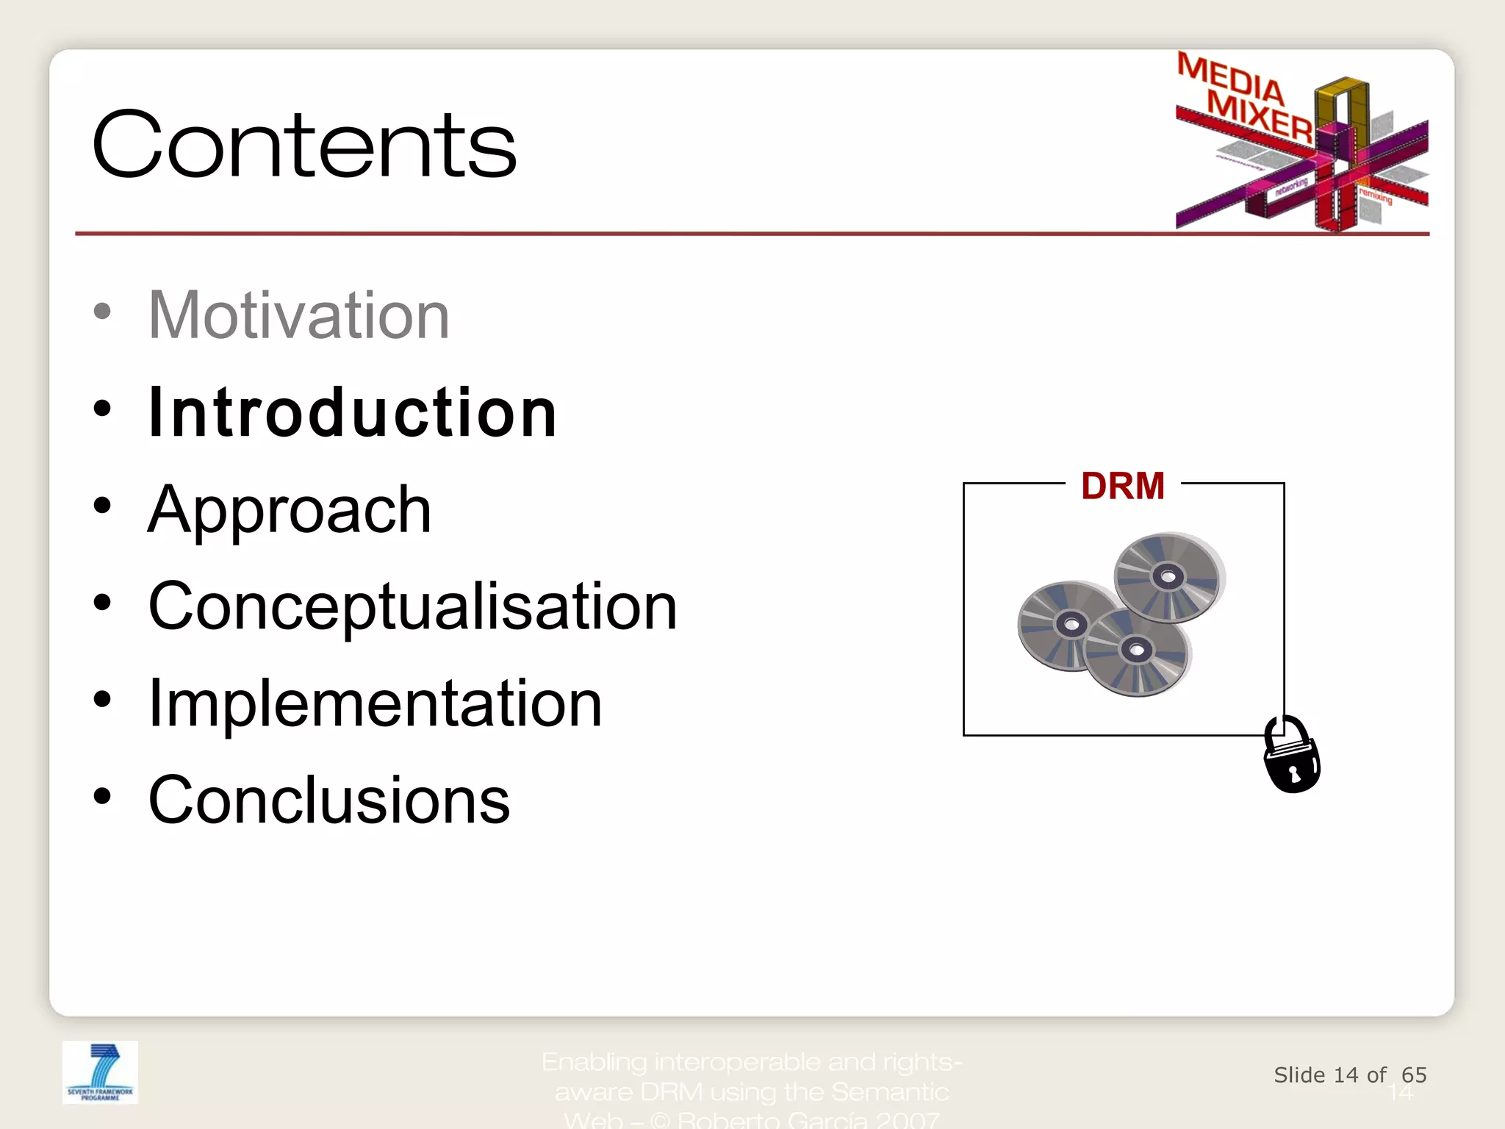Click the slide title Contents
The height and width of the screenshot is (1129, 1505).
(x=304, y=145)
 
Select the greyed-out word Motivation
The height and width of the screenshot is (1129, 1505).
(x=298, y=315)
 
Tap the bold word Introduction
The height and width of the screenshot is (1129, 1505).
(x=352, y=413)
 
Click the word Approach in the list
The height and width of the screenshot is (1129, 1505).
(x=290, y=510)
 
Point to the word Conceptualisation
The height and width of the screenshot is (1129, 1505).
(x=412, y=606)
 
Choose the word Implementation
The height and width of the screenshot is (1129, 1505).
(x=375, y=703)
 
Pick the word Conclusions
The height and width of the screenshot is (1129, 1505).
(x=328, y=800)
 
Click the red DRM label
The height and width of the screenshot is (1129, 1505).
(x=1122, y=487)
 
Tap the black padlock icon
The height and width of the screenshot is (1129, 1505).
(x=1291, y=757)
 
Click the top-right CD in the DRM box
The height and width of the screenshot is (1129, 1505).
(x=1168, y=577)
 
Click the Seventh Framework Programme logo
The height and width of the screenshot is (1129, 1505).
(x=100, y=1072)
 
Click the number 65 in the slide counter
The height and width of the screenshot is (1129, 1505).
(x=1413, y=1075)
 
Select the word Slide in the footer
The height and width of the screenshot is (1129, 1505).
(x=1299, y=1075)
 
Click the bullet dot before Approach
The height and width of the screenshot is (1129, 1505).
(x=102, y=506)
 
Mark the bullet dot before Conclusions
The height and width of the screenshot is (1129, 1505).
(x=102, y=795)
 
